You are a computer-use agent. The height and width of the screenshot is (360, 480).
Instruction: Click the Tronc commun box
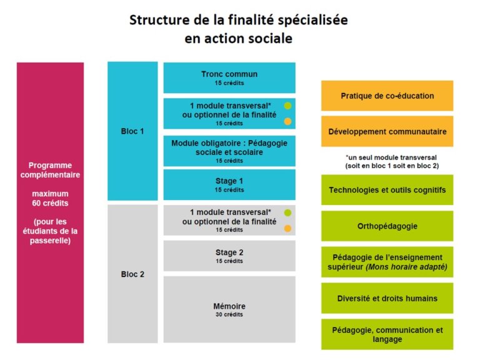point(229,77)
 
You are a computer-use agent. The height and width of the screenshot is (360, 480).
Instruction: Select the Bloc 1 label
point(132,131)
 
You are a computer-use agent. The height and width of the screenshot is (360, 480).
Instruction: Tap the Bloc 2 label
point(132,274)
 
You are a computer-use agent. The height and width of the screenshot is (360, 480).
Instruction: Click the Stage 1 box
point(229,185)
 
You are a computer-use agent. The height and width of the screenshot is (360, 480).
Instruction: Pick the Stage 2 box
point(229,256)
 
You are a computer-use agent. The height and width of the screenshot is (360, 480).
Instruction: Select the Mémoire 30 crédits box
point(229,309)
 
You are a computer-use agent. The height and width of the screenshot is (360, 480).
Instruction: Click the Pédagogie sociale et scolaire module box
point(229,151)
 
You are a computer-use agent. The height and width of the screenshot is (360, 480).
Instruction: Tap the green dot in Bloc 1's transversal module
point(287,106)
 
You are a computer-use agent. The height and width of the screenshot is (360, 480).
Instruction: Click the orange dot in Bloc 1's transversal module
point(287,121)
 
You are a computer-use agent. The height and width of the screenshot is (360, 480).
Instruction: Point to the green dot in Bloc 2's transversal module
point(287,212)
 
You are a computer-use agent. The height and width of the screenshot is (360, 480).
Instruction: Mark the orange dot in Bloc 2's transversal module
point(287,228)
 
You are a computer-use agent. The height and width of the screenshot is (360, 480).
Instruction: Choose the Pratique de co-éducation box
point(387,96)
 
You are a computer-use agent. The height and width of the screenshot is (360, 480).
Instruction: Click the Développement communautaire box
point(387,131)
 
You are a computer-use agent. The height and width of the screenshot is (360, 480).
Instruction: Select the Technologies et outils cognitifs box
point(387,190)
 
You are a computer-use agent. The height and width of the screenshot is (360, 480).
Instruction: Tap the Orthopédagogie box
point(387,226)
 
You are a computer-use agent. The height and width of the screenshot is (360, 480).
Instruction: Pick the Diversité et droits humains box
point(387,298)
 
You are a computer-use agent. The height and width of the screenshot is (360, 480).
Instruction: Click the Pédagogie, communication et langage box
point(387,334)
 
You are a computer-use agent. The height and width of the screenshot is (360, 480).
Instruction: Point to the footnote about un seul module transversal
point(392,162)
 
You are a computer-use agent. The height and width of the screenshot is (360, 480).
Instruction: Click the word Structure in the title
point(159,20)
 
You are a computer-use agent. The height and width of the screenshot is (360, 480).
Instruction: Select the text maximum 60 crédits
point(50,198)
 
